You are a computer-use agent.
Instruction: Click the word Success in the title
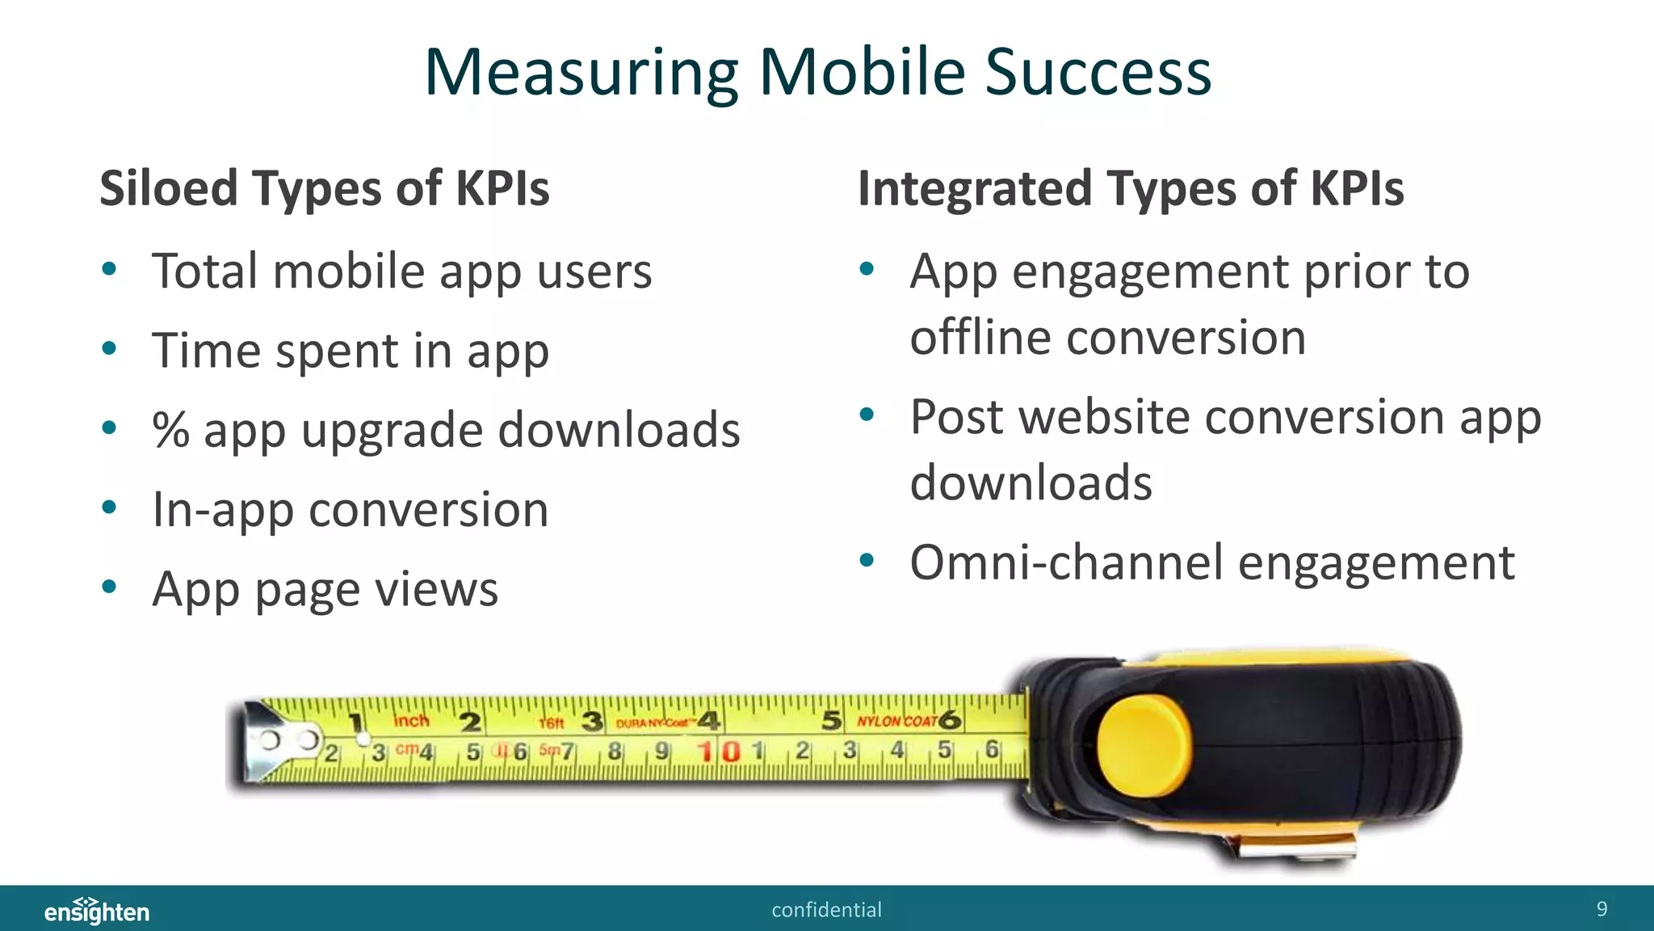point(1098,73)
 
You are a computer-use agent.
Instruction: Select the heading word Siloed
point(169,188)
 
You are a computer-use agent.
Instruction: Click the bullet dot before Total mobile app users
point(110,268)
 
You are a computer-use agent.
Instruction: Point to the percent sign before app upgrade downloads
point(170,430)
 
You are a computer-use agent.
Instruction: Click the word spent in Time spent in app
point(337,352)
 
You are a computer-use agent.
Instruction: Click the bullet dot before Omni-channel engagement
point(867,560)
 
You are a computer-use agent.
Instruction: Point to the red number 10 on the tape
point(720,752)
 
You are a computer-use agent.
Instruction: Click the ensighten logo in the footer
point(97,911)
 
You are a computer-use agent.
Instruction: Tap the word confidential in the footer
point(826,910)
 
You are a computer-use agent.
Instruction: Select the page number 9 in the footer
point(1602,909)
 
